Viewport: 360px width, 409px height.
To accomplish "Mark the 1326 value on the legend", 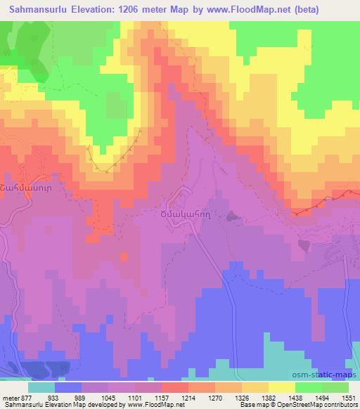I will pyautogui.click(x=243, y=397).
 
